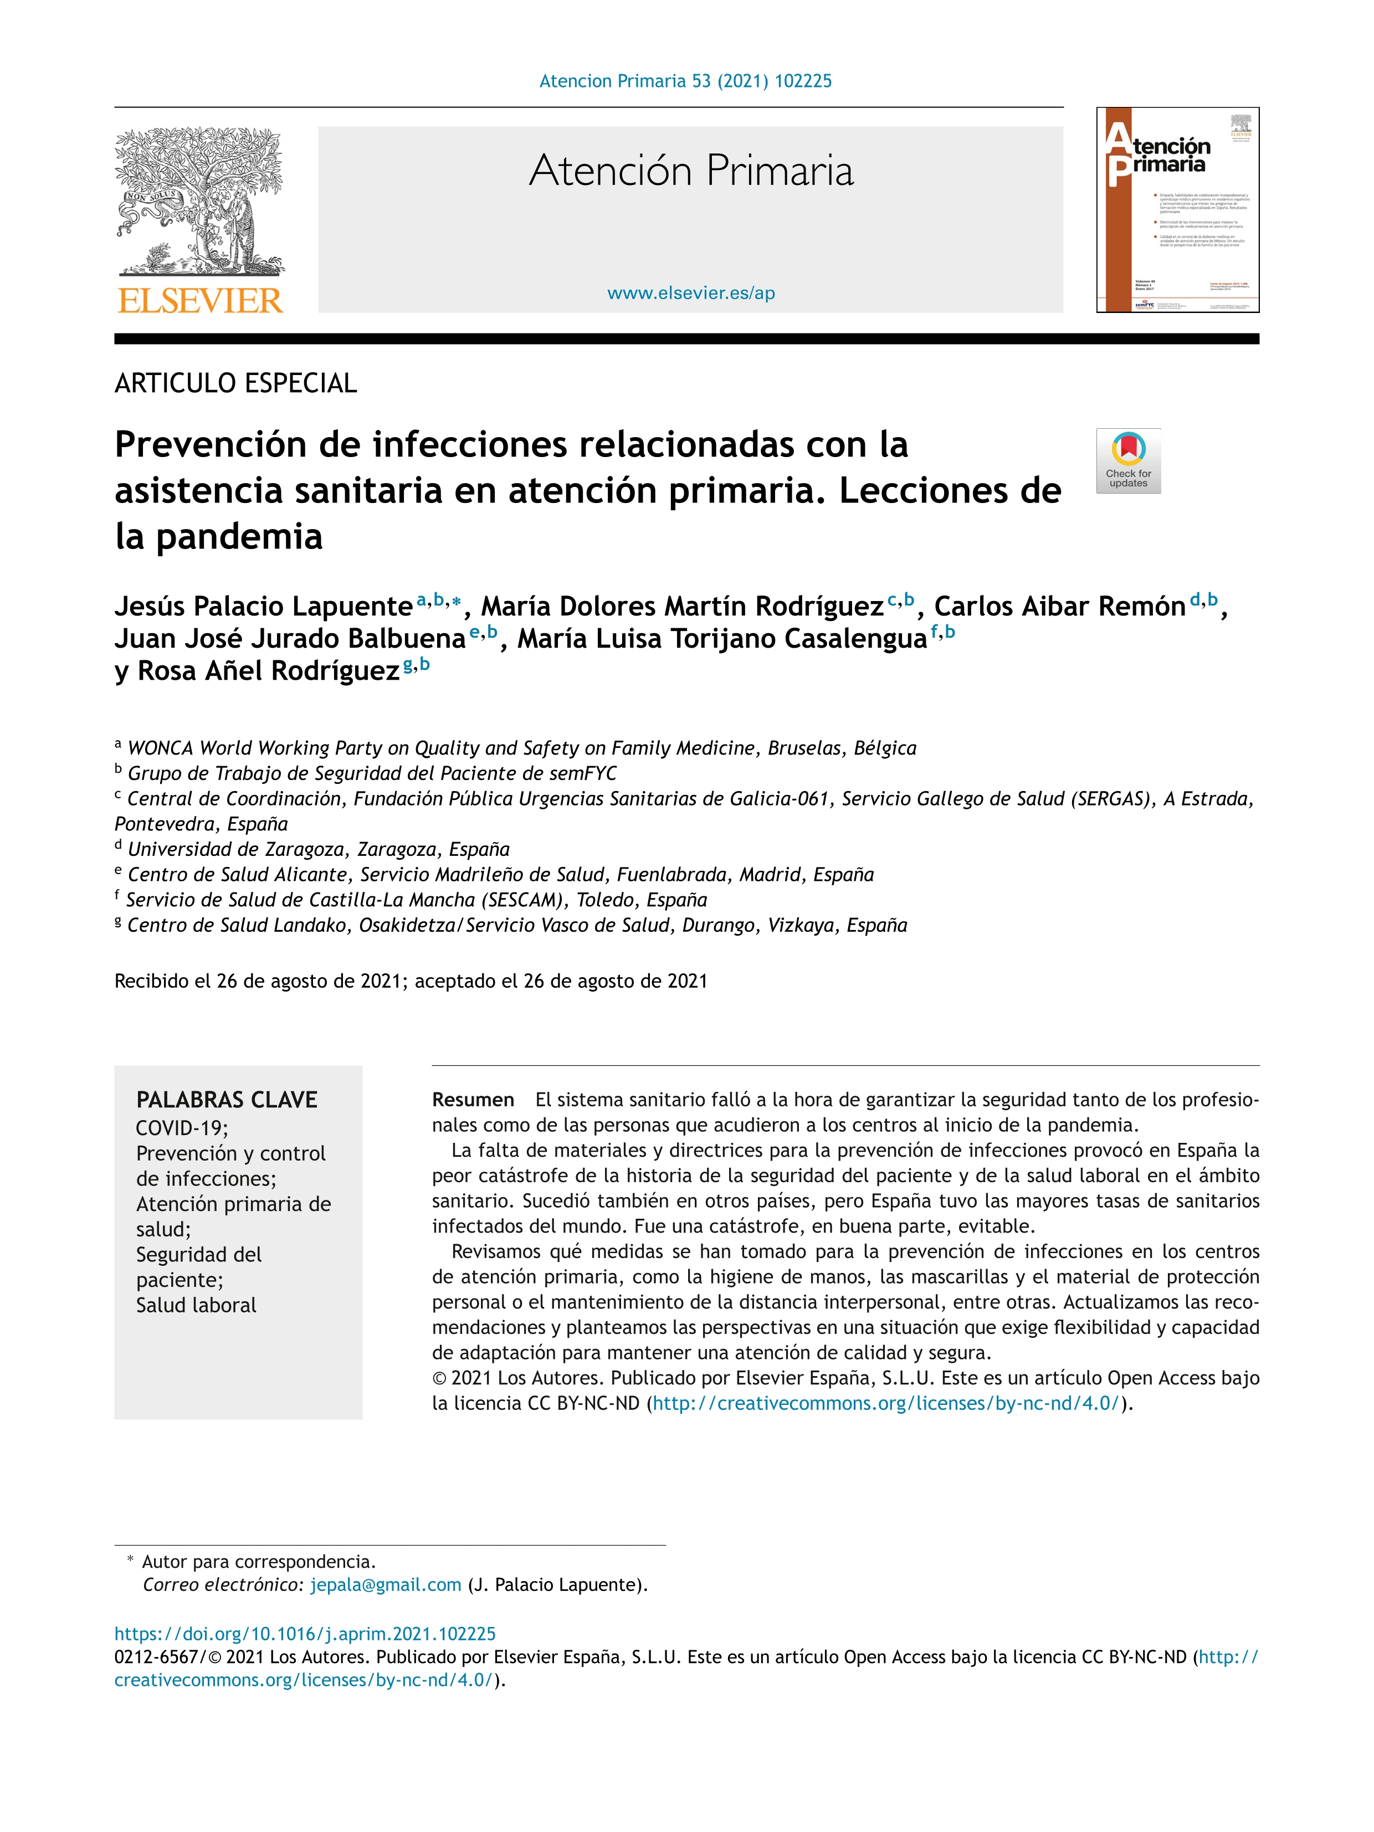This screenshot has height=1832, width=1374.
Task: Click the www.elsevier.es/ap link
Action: coord(691,293)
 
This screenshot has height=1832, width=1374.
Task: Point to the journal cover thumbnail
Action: coord(1177,209)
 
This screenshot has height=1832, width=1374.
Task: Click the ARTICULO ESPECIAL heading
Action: coord(235,383)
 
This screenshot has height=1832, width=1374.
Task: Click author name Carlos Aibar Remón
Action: coord(1059,606)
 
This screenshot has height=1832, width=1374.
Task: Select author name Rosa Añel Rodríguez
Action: coord(268,671)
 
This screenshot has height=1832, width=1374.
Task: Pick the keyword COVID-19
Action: coord(181,1128)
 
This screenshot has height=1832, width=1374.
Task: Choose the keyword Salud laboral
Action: coord(196,1305)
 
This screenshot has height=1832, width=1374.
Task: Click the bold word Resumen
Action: coord(473,1100)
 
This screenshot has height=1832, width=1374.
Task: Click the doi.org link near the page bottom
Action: coord(305,1634)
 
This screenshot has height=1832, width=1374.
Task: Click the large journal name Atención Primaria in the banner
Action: coord(691,171)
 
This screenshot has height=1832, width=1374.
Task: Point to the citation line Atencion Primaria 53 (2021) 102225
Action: coord(685,81)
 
